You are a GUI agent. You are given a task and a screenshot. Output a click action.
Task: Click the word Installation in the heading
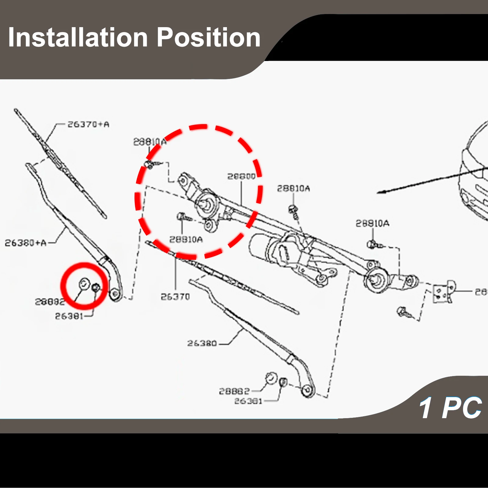[78, 38]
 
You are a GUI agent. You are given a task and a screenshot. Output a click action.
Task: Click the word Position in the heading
[209, 38]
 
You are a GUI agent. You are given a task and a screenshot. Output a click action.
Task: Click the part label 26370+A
[88, 124]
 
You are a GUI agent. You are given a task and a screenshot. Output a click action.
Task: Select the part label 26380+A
[25, 243]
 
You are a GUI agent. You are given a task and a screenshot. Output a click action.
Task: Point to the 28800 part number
[241, 177]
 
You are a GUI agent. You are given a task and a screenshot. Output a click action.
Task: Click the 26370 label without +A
[175, 297]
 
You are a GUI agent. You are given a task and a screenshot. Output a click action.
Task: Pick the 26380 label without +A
[202, 343]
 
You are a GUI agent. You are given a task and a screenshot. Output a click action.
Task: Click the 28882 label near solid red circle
[50, 302]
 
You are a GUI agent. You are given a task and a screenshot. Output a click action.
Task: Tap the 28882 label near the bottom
[234, 391]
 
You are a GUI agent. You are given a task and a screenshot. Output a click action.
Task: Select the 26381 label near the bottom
[248, 401]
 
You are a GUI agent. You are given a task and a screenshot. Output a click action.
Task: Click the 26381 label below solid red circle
[69, 316]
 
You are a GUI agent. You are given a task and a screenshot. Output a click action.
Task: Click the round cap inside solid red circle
[84, 284]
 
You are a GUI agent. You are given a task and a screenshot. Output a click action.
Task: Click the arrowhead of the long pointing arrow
[379, 192]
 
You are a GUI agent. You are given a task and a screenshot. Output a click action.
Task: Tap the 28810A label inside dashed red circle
[186, 240]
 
